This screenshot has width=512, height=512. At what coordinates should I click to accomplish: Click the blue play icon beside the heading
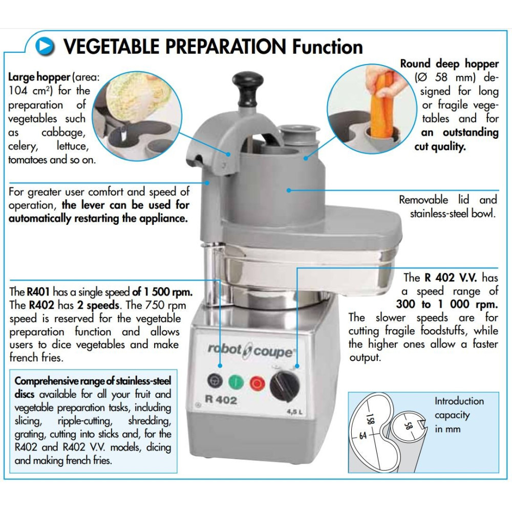(x=45, y=46)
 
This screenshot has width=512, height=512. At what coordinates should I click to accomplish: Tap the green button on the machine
(x=236, y=381)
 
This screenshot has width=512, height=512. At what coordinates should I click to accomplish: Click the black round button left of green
(x=215, y=380)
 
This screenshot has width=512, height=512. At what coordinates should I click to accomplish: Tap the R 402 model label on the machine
(x=221, y=399)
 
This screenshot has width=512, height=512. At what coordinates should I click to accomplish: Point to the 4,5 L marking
(x=294, y=412)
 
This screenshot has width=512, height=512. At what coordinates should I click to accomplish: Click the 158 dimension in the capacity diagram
(x=370, y=419)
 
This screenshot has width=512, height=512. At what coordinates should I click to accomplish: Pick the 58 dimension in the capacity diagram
(x=408, y=425)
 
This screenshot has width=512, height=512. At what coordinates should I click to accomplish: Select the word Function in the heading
(x=328, y=47)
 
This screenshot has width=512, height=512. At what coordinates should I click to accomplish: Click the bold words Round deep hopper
(x=450, y=63)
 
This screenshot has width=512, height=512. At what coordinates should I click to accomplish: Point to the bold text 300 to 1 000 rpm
(x=447, y=304)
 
